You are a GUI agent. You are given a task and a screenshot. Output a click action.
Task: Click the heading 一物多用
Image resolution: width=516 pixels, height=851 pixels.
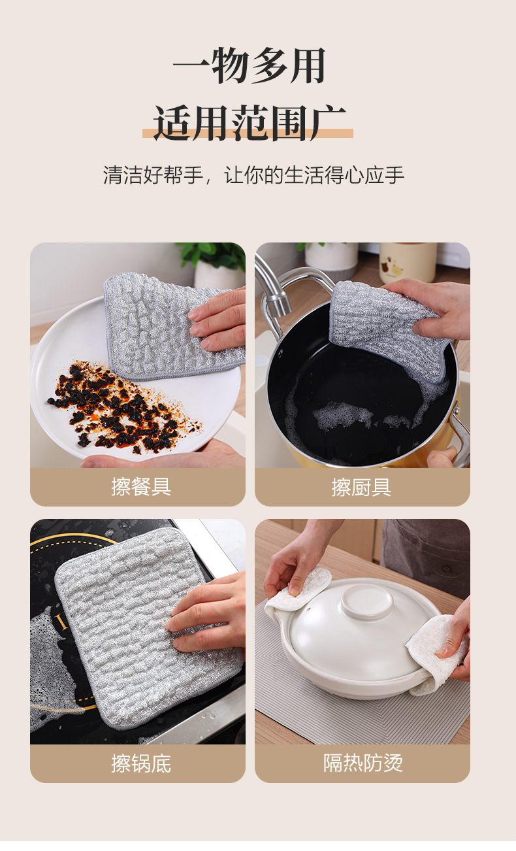[x=249, y=66]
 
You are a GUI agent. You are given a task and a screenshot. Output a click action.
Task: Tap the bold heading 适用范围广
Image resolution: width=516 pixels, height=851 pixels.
[x=249, y=122]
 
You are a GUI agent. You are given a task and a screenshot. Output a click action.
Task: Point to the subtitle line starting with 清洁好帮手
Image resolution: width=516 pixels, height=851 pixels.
[x=253, y=175]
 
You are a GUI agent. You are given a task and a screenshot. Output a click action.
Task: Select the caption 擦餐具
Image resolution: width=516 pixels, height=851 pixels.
[x=141, y=487]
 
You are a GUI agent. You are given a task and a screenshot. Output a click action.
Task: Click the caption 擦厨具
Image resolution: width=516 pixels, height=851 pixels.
[x=361, y=487]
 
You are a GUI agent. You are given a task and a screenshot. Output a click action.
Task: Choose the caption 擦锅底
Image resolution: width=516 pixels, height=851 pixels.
[x=141, y=763]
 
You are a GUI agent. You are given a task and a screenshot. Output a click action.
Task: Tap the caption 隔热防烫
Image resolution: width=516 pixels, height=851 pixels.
[x=363, y=763]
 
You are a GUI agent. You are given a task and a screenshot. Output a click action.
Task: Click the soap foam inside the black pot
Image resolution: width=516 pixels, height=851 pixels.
[x=344, y=415]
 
